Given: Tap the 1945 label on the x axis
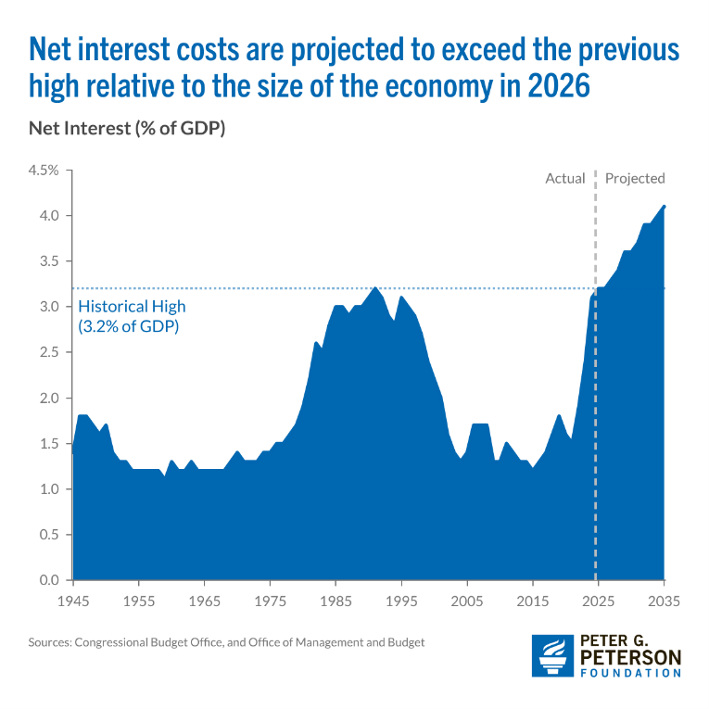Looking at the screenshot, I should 72,601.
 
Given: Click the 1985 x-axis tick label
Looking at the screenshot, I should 336,601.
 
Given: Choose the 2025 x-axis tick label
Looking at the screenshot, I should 598,601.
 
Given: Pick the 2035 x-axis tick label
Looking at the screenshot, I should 664,601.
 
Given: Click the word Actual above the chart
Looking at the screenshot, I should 564,178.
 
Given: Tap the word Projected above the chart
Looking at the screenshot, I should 635,178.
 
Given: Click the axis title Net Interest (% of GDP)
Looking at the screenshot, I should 128,129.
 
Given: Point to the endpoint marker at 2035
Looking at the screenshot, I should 665,206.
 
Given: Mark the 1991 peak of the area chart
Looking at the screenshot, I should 374,287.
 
